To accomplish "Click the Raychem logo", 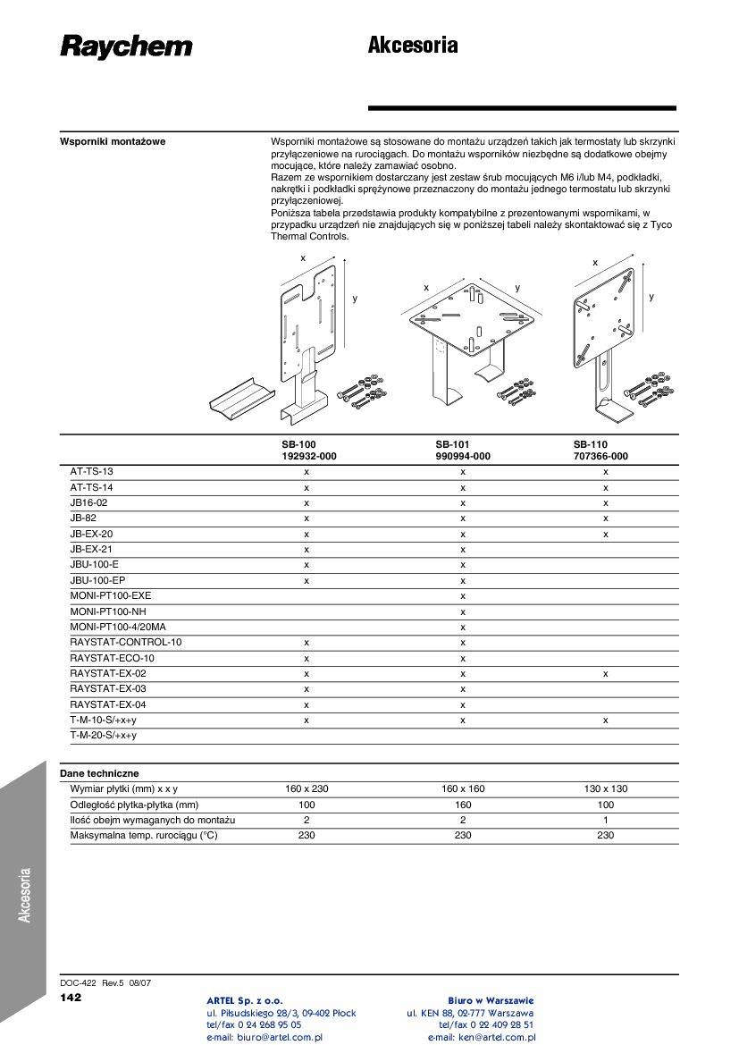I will [x=126, y=46].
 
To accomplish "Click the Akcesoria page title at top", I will [x=413, y=46].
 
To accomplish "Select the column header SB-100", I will [x=298, y=444].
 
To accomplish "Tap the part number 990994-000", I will [x=463, y=456].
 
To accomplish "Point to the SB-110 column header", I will [x=591, y=444].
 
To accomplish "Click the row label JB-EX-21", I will [x=91, y=549].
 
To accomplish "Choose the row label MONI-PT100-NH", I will [x=107, y=611].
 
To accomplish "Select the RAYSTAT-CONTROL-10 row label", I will [x=125, y=643].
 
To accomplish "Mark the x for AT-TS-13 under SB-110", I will [x=606, y=471].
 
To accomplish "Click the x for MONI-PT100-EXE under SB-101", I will [x=463, y=595].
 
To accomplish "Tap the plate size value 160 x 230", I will [x=307, y=788].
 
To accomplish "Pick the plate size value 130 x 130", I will [x=606, y=788].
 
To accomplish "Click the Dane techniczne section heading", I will [x=99, y=773].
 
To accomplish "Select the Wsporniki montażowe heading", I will [x=113, y=141].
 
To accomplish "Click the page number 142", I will [x=71, y=998].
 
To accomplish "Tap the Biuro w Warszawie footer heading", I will [x=491, y=1000].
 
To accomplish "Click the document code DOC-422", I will [x=78, y=982].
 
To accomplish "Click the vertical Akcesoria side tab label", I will [x=25, y=895].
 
